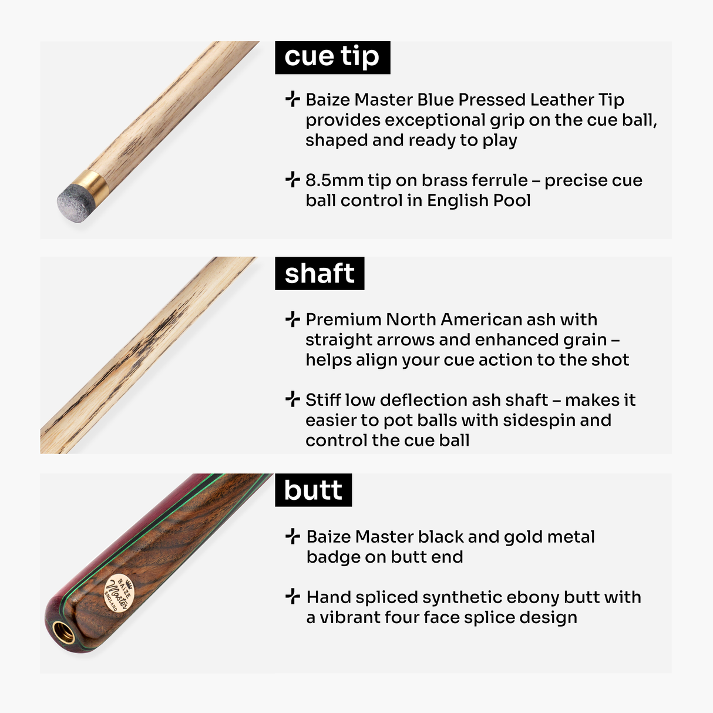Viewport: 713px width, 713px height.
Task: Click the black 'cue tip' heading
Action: [332, 58]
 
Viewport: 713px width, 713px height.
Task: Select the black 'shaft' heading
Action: [319, 274]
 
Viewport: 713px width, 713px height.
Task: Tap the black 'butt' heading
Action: [313, 490]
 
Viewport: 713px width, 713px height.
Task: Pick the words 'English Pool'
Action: [479, 201]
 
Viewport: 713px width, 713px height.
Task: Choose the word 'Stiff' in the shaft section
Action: [324, 400]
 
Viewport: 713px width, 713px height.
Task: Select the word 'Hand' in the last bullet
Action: [328, 597]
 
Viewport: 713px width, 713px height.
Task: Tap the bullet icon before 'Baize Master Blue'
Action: [292, 99]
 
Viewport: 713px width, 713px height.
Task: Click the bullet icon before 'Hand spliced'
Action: [292, 597]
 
